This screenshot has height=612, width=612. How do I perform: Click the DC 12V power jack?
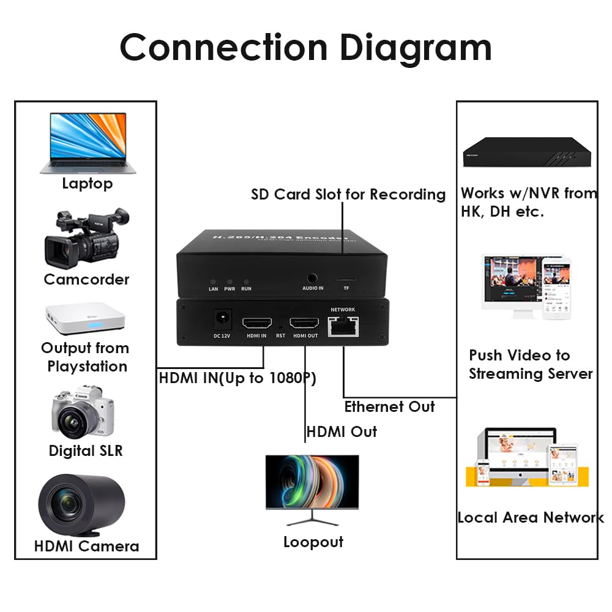(x=222, y=319)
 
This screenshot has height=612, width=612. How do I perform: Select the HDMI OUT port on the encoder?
(x=304, y=323)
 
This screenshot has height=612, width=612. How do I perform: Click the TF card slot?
(x=346, y=278)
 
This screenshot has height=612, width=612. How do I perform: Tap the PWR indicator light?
(x=230, y=278)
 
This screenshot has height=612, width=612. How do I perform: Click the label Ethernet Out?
(x=389, y=407)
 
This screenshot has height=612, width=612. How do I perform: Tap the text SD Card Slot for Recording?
(x=348, y=195)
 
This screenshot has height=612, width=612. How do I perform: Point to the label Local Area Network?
(x=531, y=518)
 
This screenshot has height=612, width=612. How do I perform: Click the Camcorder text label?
(x=86, y=280)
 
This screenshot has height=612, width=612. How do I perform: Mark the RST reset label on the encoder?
(x=280, y=335)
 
